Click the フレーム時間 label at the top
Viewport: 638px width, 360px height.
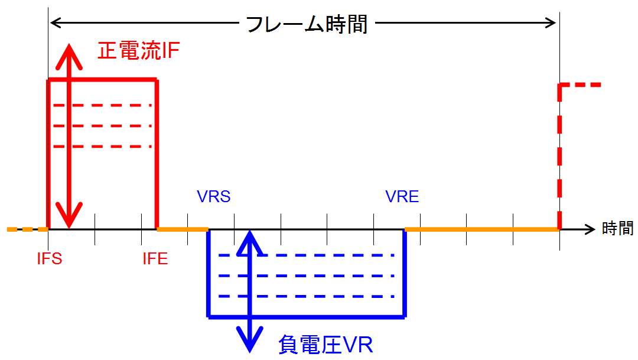click(x=306, y=24)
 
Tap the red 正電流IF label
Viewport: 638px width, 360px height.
click(x=138, y=51)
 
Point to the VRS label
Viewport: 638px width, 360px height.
click(x=213, y=196)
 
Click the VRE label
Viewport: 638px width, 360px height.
click(x=402, y=196)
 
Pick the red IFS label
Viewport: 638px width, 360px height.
click(x=50, y=259)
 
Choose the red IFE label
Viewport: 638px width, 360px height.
click(x=155, y=259)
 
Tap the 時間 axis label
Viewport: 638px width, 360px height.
click(x=618, y=228)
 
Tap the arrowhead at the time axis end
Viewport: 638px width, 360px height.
click(x=590, y=229)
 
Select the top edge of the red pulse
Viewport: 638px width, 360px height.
click(x=102, y=80)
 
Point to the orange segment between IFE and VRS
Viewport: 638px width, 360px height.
click(x=182, y=229)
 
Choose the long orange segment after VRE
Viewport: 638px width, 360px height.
click(x=481, y=229)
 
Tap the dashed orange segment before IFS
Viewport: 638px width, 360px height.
click(x=27, y=229)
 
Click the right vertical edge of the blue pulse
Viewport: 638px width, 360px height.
click(x=405, y=272)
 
